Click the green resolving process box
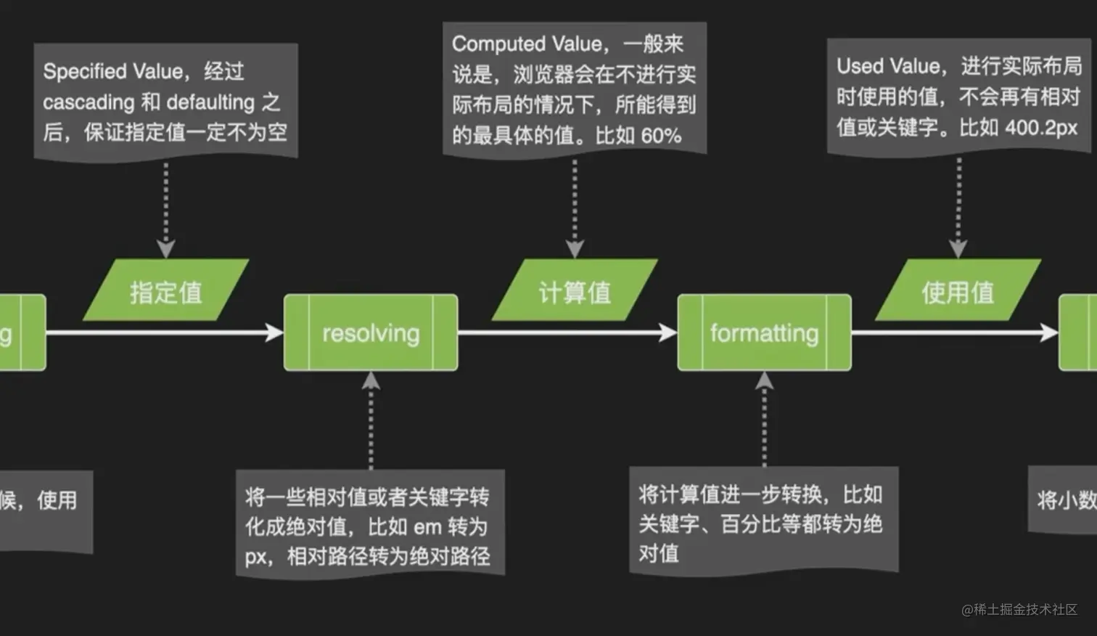tap(371, 333)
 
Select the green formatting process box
tap(764, 333)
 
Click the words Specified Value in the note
tap(112, 72)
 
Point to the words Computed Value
tap(527, 44)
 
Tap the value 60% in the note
tap(660, 136)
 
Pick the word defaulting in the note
tap(210, 102)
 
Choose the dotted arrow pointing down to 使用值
tap(958, 207)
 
